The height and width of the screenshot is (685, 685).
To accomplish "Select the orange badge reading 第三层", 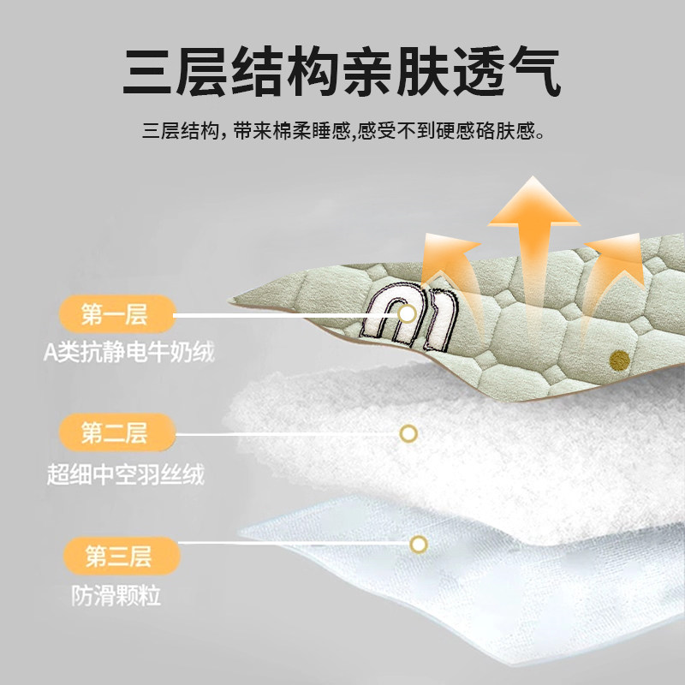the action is click(x=118, y=557).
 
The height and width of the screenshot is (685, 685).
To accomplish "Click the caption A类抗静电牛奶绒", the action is click(x=130, y=352).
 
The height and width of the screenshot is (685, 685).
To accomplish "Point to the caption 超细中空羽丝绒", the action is click(x=126, y=474).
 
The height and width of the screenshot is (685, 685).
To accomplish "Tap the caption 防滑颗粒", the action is click(x=117, y=596).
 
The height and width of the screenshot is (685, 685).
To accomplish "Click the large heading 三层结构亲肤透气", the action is click(x=342, y=72).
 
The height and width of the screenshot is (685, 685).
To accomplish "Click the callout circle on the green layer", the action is click(x=408, y=313).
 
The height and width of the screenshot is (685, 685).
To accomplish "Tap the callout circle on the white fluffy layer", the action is click(x=408, y=433).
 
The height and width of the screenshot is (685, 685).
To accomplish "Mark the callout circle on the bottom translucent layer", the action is click(x=418, y=544).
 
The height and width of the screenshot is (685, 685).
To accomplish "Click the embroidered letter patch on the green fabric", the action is click(x=408, y=317).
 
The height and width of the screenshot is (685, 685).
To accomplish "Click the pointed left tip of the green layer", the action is click(x=235, y=301).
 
